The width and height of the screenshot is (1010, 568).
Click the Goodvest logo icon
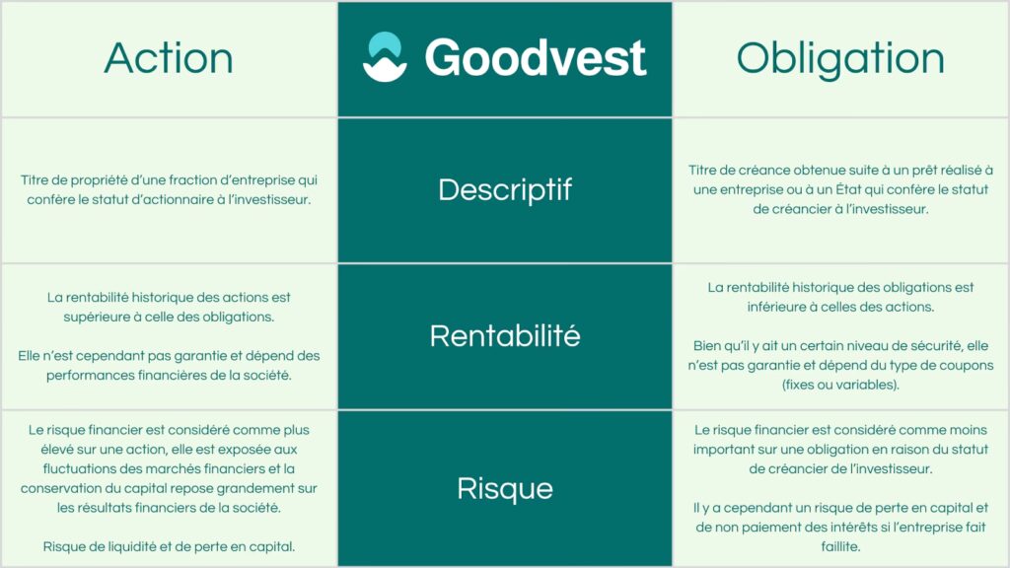coord(386,56)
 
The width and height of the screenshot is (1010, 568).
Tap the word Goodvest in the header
coord(536,58)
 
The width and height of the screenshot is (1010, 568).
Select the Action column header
coord(169,58)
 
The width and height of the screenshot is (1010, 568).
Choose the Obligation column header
coord(840,58)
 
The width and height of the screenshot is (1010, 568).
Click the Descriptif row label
coord(505,190)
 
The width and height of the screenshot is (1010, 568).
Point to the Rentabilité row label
coord(505,335)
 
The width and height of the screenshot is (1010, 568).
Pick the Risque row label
coord(505,489)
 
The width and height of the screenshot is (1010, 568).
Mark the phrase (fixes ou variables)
coord(840,386)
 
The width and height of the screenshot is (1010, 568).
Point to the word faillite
coord(840,546)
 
